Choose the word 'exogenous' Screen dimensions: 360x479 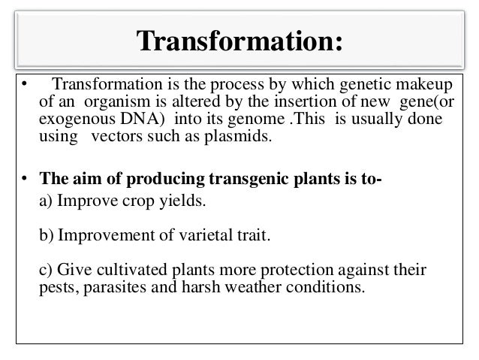point(70,120)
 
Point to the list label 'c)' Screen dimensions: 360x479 point(45,272)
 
